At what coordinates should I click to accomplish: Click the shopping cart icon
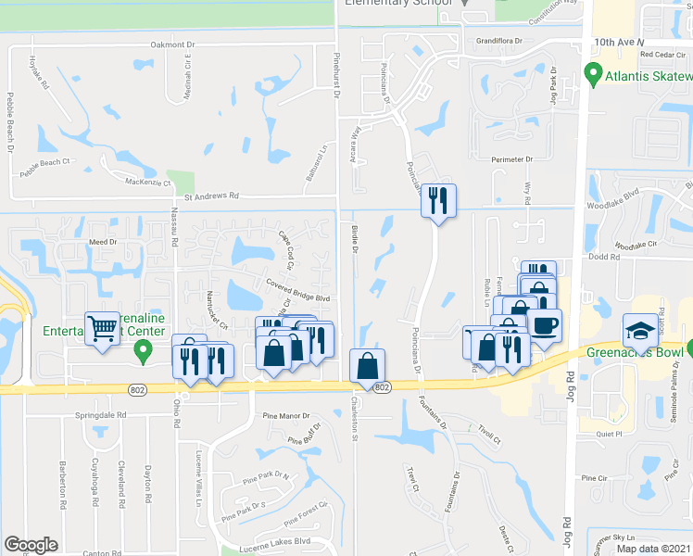tap(102, 328)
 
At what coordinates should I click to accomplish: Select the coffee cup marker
tap(545, 326)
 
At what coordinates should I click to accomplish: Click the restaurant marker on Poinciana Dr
tap(438, 200)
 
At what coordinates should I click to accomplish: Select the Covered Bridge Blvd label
tap(297, 291)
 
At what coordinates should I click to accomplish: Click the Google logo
tap(31, 545)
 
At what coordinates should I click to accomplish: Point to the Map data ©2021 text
tap(653, 549)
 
